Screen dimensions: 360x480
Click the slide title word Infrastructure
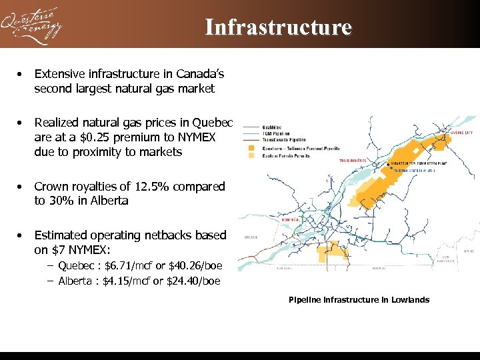click(x=278, y=27)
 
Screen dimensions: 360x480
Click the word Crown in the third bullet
click(x=51, y=187)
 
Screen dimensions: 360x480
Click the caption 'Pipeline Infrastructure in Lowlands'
click(x=359, y=300)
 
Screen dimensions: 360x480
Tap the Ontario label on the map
click(x=251, y=237)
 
